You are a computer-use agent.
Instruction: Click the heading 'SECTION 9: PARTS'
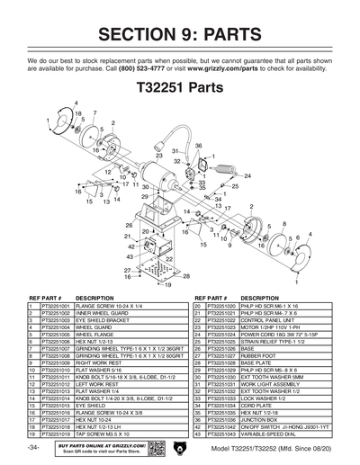click(180, 34)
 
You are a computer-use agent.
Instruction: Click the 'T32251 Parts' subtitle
click(179, 90)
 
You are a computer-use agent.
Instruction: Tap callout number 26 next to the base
click(129, 225)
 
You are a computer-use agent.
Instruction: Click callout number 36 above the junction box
click(199, 146)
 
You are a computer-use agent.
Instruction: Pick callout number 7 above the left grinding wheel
click(94, 114)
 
